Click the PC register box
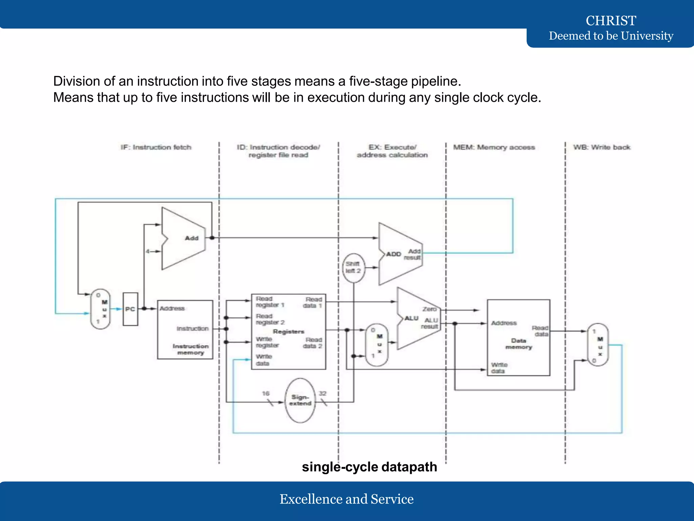click(130, 309)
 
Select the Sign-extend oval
click(300, 400)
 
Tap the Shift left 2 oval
click(353, 268)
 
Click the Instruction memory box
click(185, 329)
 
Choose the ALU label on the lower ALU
click(411, 318)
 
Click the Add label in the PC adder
click(191, 238)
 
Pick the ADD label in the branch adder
click(393, 254)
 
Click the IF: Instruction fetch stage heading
click(156, 147)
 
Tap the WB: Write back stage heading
click(601, 147)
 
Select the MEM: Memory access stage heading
click(494, 147)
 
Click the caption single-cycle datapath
click(369, 467)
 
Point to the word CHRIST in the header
click(611, 21)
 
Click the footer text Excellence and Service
click(346, 499)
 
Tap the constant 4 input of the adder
click(147, 251)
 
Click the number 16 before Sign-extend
click(266, 393)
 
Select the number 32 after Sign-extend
click(322, 393)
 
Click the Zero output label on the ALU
click(429, 309)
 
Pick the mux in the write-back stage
click(598, 344)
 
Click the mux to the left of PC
click(101, 309)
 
